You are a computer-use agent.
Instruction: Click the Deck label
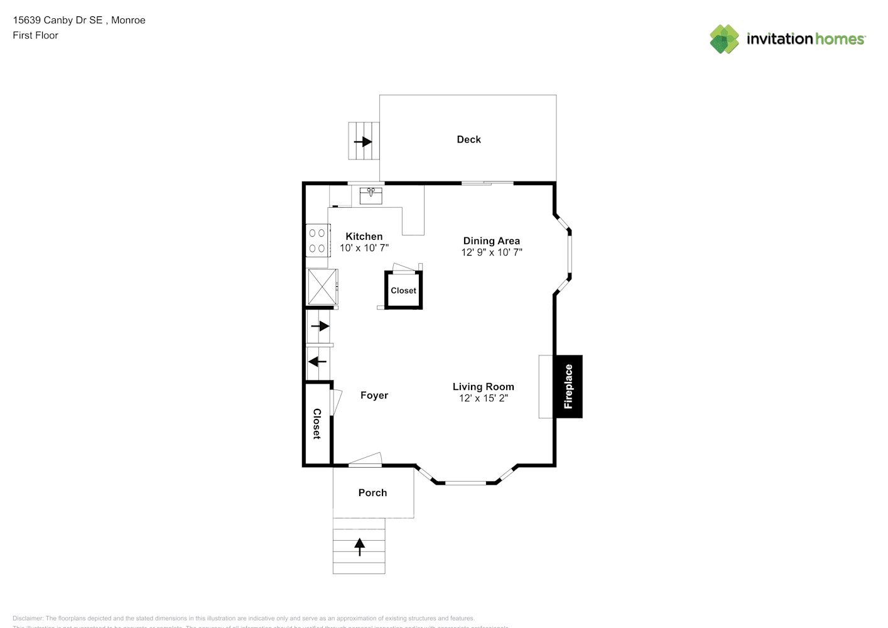tap(468, 139)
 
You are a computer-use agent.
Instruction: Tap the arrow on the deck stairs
tap(363, 142)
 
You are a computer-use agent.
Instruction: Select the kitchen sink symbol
tap(371, 195)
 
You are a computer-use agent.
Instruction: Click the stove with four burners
tap(317, 241)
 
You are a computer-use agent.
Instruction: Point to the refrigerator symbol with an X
tap(322, 288)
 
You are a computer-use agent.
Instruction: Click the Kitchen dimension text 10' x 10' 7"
tap(364, 248)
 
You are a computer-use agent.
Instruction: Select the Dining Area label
tap(491, 241)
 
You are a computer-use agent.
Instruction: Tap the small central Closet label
tap(403, 291)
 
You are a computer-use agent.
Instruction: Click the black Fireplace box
tap(568, 386)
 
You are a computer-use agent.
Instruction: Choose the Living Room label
tap(483, 387)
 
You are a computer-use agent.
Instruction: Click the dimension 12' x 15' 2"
tap(483, 398)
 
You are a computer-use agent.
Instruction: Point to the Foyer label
tap(374, 395)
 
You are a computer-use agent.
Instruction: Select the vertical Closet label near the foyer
tap(317, 424)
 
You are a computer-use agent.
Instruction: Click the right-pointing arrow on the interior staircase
tap(320, 326)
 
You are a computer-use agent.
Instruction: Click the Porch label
tap(372, 493)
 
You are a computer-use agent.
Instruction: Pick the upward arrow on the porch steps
tap(359, 547)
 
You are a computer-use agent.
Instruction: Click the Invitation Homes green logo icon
tap(724, 39)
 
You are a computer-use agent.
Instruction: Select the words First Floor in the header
tap(35, 35)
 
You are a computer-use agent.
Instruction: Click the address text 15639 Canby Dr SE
tap(57, 20)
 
